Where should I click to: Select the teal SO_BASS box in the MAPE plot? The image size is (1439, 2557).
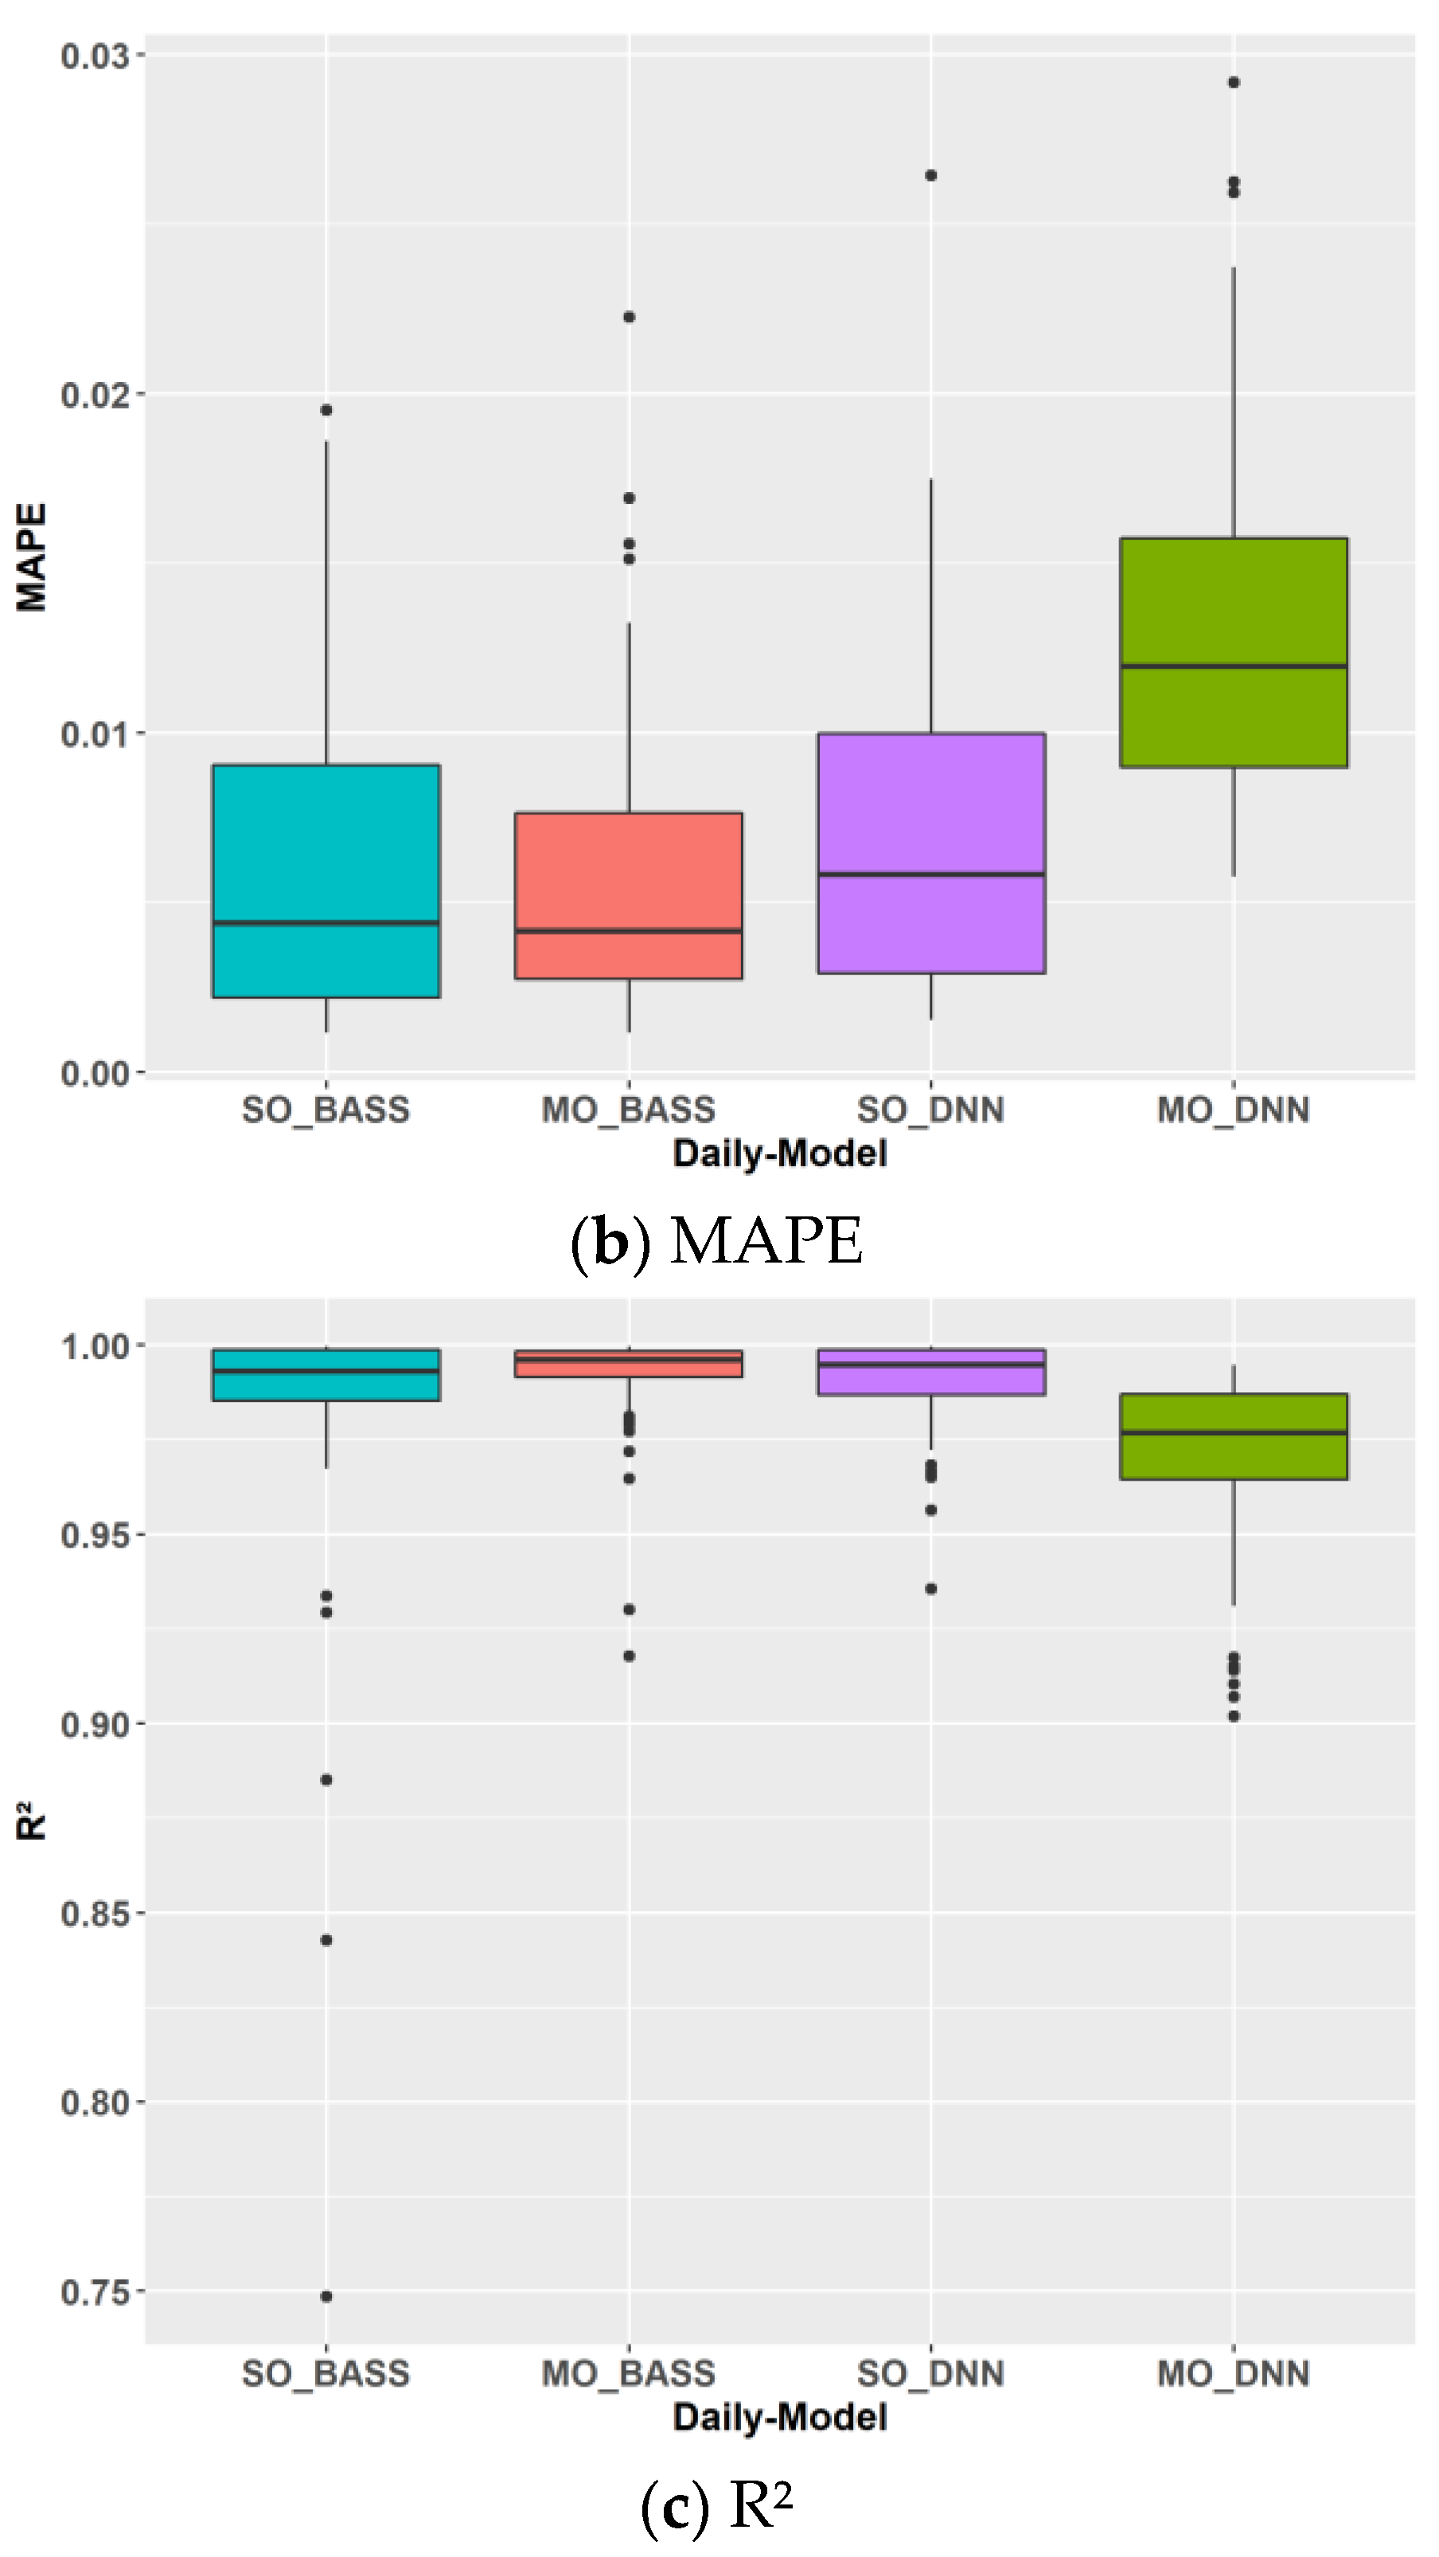click(x=326, y=844)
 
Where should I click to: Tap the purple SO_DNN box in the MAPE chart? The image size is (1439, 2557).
click(x=931, y=804)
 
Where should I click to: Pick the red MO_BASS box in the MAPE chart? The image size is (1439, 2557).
click(x=628, y=873)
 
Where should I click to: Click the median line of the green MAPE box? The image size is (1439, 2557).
click(x=1234, y=666)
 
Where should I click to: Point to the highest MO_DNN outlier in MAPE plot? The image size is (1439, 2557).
click(x=1234, y=82)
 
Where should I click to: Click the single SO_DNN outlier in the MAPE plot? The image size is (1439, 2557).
click(x=931, y=176)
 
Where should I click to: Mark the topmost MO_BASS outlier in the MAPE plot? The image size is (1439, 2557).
click(x=628, y=318)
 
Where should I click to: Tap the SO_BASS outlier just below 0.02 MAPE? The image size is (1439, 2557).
click(x=326, y=410)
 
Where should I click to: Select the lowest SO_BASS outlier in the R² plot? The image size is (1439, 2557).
click(x=326, y=2296)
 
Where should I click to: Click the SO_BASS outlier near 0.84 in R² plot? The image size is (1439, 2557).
click(x=326, y=1939)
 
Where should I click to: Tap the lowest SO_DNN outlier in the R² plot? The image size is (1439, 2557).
click(x=931, y=1589)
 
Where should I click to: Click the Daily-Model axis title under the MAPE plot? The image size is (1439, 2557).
click(x=780, y=1154)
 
